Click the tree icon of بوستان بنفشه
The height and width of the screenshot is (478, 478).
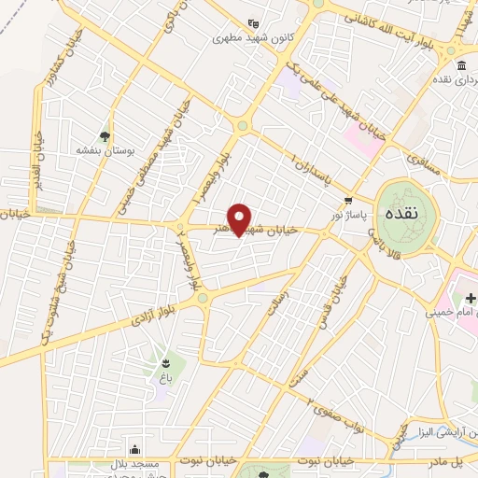[x=103, y=134]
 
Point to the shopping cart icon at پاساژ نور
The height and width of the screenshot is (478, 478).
[x=348, y=200]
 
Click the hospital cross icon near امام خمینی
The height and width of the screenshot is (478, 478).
[x=471, y=299]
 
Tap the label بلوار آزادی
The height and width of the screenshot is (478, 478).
[x=131, y=317]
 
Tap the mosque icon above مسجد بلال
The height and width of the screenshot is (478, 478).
[x=136, y=447]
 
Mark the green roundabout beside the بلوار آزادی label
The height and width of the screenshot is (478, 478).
[x=204, y=297]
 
